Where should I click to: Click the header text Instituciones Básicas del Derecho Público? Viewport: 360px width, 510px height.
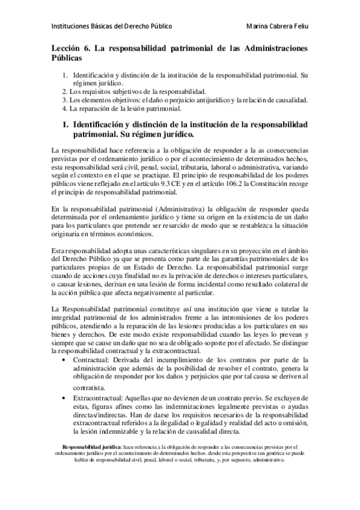point(112,27)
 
